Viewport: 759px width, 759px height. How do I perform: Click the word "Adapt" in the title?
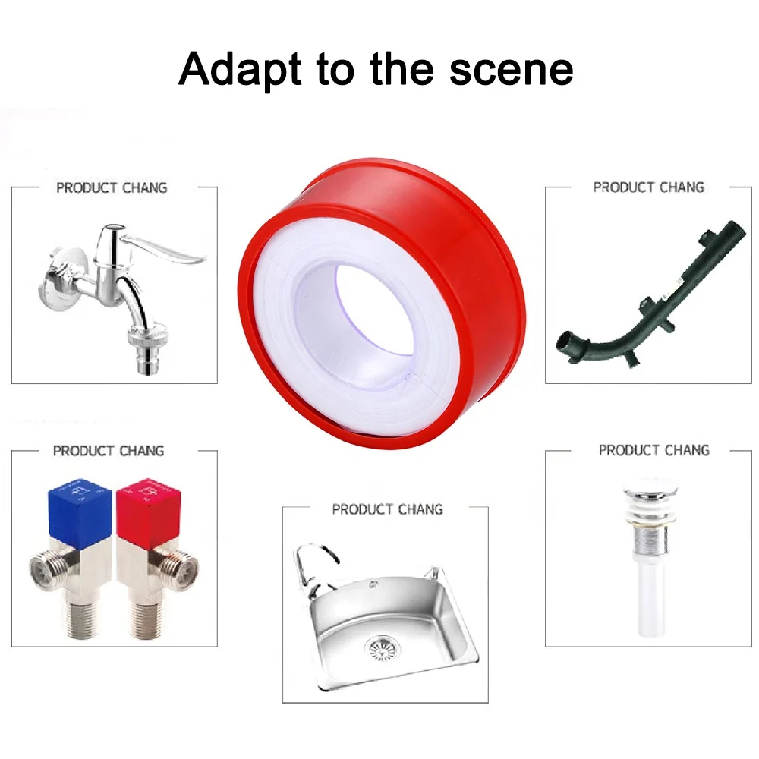tap(240, 69)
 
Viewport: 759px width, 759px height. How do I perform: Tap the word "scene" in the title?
tap(511, 69)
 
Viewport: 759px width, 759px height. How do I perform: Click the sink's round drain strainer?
tap(382, 650)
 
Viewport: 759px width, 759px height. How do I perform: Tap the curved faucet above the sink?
tap(315, 566)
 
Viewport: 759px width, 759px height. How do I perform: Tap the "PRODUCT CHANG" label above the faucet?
tap(112, 187)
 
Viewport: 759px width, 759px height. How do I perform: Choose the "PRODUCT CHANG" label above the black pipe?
tap(649, 187)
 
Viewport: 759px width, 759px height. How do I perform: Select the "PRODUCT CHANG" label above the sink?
tap(387, 509)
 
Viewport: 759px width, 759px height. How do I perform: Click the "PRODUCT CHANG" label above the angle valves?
tap(109, 451)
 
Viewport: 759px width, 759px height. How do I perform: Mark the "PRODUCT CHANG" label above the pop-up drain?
tap(654, 450)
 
